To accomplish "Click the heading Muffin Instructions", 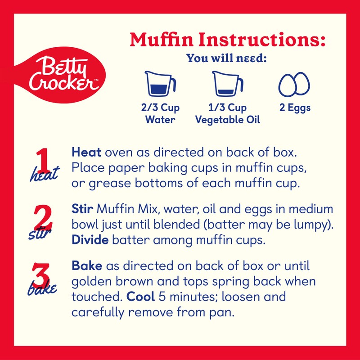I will click(x=227, y=40).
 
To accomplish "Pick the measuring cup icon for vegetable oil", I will click(x=228, y=84).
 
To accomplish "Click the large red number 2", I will click(x=43, y=217).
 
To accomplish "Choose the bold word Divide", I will click(x=90, y=240).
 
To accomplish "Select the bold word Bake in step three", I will click(x=85, y=266).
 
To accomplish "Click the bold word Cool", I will click(x=138, y=297).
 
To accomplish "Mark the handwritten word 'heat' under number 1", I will click(x=45, y=175).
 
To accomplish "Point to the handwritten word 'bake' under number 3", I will click(x=43, y=288).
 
